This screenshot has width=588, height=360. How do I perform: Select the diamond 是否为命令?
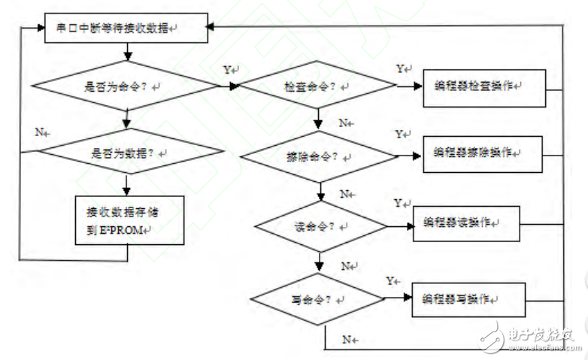(128, 87)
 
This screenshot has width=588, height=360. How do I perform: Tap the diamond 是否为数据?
(128, 153)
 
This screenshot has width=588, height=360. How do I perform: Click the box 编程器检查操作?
(483, 86)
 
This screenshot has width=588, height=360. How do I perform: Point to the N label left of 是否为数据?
(42, 132)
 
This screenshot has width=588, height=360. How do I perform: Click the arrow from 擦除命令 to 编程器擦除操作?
(409, 156)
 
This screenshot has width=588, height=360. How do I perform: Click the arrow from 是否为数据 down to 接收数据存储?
(128, 184)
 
